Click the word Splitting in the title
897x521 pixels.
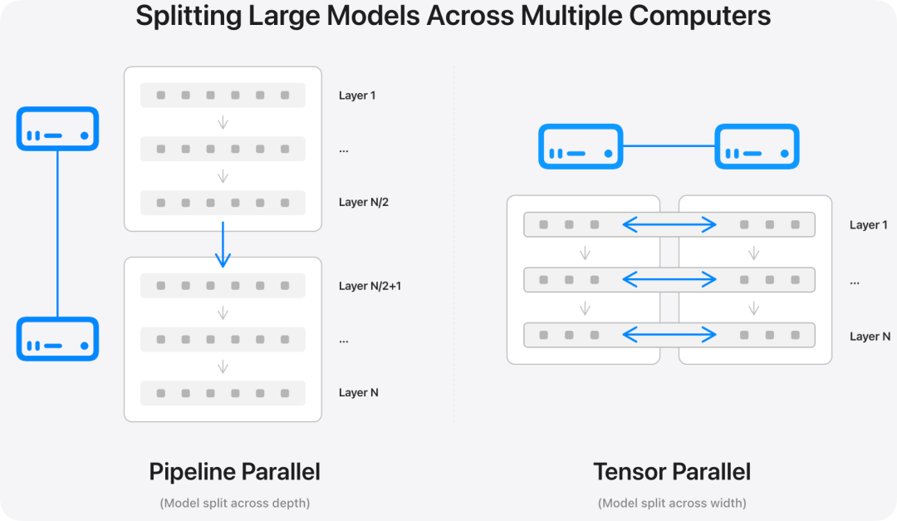tap(189, 16)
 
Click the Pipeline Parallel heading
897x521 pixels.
tap(234, 472)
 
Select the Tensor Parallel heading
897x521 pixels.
tap(672, 472)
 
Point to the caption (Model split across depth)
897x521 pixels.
tap(234, 504)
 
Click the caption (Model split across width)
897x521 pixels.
tap(672, 504)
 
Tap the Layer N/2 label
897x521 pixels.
tap(364, 202)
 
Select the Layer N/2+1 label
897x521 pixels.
tap(370, 286)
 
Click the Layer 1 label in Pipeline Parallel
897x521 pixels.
tap(357, 96)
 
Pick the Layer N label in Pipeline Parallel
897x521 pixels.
tap(359, 393)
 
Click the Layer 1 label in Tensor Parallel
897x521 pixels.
tap(869, 225)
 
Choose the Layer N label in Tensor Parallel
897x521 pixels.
tap(870, 337)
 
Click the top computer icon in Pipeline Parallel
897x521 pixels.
tap(58, 129)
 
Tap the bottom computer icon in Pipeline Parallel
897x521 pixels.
tap(58, 339)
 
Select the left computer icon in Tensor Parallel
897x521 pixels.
tap(581, 146)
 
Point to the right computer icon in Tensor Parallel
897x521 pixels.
tap(757, 146)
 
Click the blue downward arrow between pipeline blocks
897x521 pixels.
tap(223, 244)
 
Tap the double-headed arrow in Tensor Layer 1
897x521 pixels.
tap(669, 224)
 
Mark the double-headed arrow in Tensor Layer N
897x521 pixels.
tap(669, 334)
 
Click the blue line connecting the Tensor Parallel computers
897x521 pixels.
tap(669, 146)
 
